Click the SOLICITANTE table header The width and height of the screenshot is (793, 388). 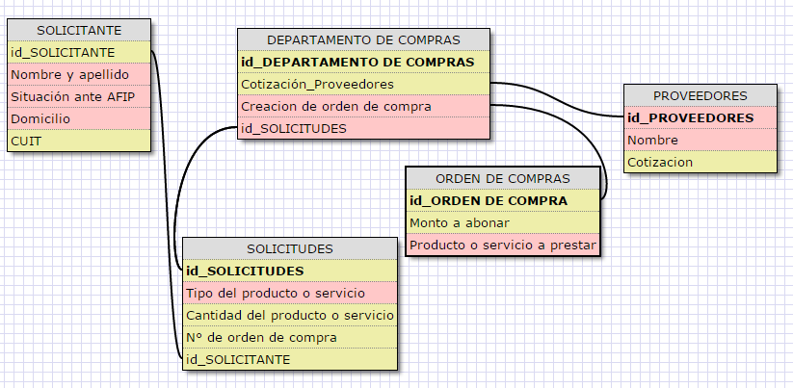78,31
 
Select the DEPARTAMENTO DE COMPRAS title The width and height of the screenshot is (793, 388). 363,40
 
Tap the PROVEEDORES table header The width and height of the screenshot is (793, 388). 700,96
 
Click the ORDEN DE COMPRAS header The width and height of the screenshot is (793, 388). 503,179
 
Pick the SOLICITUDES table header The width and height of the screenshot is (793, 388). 289,248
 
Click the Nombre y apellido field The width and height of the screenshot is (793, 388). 69,74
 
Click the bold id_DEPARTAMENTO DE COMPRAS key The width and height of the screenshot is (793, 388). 357,63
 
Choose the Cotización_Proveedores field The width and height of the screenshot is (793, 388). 317,85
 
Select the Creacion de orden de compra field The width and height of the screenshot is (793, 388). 335,106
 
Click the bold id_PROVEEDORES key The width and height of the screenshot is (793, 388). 690,118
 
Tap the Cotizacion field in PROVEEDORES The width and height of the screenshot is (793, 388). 660,162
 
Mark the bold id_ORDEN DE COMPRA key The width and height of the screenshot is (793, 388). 489,201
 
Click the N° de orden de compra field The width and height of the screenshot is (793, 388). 261,337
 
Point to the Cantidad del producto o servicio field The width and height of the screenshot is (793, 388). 289,316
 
